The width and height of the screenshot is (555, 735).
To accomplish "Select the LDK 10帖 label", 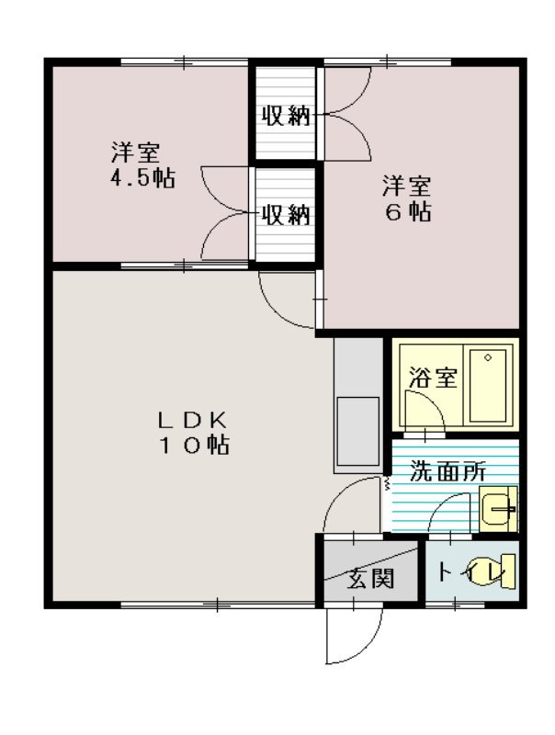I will (x=191, y=433).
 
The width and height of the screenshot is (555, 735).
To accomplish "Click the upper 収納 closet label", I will (x=285, y=117).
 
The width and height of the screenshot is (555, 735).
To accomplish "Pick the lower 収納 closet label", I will (x=285, y=215).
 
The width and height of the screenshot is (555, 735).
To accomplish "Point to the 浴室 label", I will (x=433, y=378).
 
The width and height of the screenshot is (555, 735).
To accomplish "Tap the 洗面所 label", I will (x=447, y=471).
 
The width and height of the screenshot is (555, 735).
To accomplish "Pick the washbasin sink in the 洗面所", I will (x=498, y=508).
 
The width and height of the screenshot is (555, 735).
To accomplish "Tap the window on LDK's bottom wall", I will (x=218, y=605).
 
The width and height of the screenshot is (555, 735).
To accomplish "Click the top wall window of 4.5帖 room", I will (x=184, y=62).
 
